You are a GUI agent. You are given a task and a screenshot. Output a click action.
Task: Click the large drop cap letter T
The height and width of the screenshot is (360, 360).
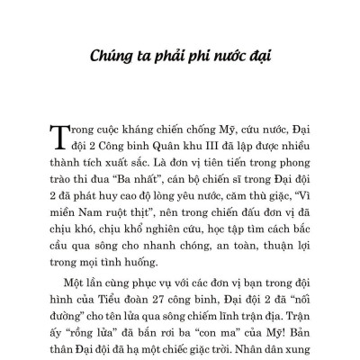point(73,139)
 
